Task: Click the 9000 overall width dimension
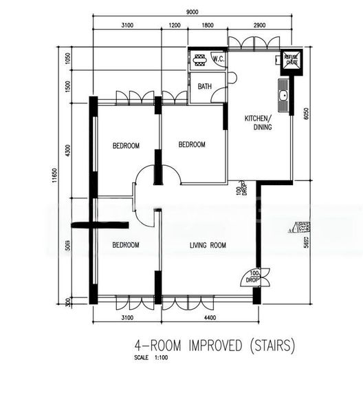tap(192, 11)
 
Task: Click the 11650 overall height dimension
tap(54, 178)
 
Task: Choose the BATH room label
tap(205, 87)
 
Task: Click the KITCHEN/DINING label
tap(258, 123)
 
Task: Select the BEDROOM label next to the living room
tap(126, 245)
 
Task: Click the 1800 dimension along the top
tap(207, 25)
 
